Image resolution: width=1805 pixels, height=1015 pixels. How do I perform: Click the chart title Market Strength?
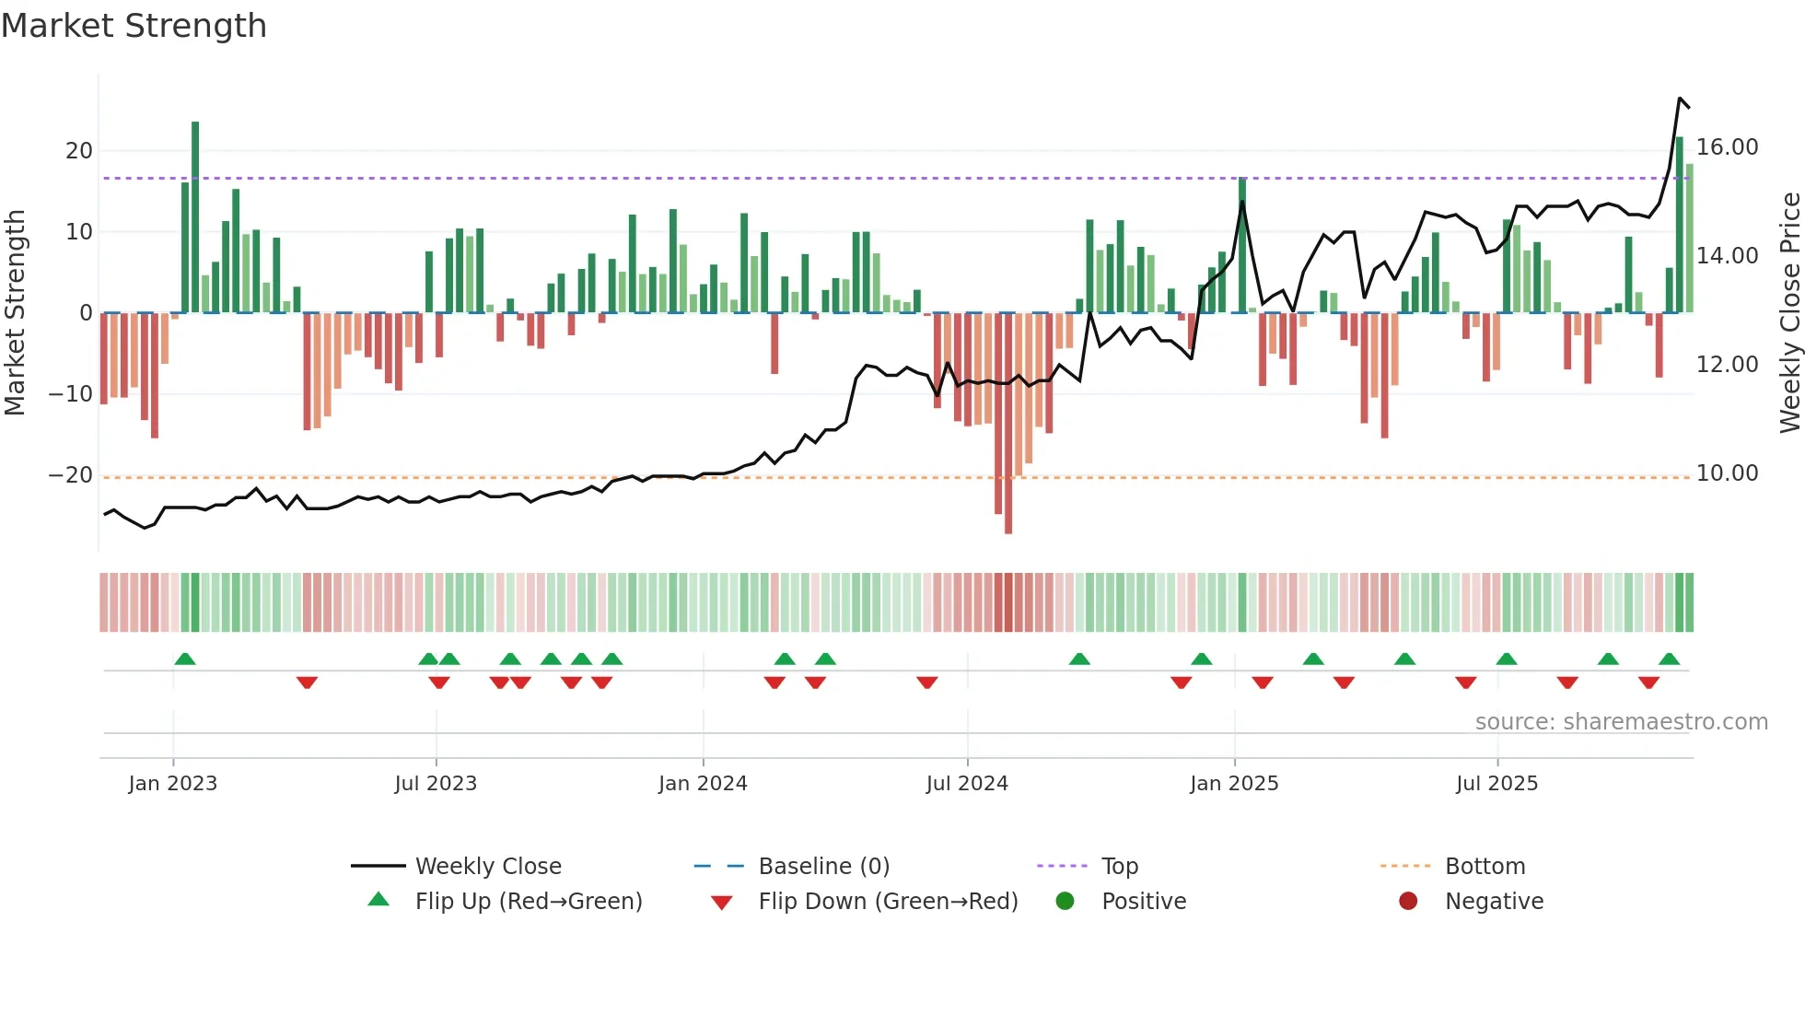[134, 26]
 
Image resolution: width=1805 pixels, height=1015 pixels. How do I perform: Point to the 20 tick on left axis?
[79, 151]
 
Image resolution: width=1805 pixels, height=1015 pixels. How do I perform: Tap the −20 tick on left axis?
[71, 475]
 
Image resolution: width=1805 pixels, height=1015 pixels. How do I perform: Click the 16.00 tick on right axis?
[1727, 147]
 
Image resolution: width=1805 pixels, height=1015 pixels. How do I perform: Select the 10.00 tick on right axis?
[1727, 473]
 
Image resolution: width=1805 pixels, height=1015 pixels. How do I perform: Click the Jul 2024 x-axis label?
[967, 784]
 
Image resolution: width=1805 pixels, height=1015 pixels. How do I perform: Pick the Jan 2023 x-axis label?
[173, 784]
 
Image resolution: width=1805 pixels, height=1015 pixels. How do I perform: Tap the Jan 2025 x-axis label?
[1234, 784]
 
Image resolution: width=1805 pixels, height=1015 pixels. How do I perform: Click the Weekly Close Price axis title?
[1789, 313]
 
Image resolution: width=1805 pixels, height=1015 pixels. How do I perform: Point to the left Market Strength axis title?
[15, 313]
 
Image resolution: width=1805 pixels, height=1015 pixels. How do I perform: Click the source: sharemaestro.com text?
[1621, 722]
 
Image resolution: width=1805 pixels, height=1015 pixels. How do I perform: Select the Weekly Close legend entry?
[488, 867]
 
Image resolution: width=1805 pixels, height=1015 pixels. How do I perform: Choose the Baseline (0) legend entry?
[823, 867]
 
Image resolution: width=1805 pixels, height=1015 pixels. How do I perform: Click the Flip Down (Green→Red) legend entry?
[888, 902]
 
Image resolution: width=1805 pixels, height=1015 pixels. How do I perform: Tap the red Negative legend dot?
[1408, 902]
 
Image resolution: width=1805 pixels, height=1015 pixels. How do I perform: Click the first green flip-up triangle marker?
[185, 659]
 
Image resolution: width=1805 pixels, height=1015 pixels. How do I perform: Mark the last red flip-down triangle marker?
[1648, 682]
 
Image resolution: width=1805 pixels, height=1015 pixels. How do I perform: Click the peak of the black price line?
[1680, 99]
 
